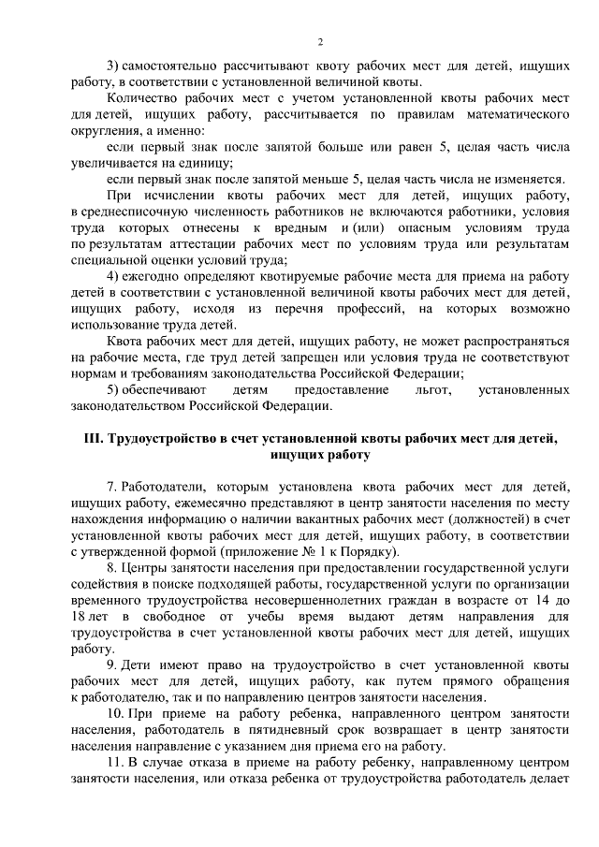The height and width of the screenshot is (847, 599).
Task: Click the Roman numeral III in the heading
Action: (90, 439)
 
